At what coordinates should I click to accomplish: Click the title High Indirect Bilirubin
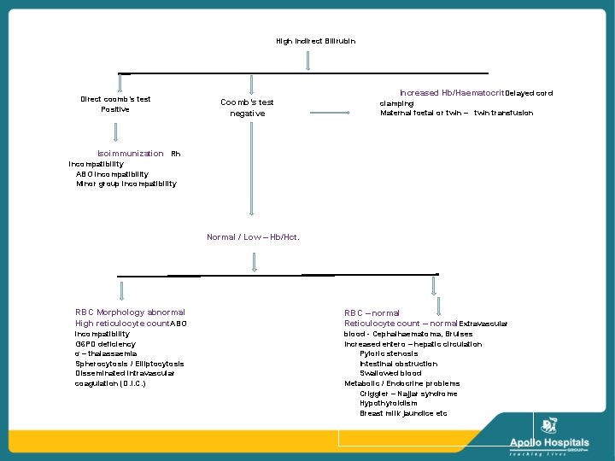[x=315, y=41]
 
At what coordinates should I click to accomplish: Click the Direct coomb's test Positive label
[x=115, y=104]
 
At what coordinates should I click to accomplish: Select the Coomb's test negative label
[x=247, y=108]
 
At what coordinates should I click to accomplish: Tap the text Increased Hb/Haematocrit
[x=452, y=93]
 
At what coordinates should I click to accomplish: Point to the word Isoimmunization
[x=130, y=154]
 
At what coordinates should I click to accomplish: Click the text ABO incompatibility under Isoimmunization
[x=111, y=173]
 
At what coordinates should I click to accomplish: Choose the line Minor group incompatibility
[x=126, y=184]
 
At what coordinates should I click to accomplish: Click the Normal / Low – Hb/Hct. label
[x=253, y=237]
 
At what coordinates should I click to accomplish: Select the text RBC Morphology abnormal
[x=130, y=312]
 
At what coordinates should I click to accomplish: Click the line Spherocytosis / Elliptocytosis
[x=129, y=364]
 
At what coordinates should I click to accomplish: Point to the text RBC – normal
[x=372, y=313]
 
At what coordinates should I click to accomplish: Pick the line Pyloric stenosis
[x=389, y=353]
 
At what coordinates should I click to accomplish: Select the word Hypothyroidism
[x=389, y=403]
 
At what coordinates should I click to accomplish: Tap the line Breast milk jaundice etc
[x=403, y=413]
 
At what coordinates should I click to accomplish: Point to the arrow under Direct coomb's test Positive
[x=115, y=131]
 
